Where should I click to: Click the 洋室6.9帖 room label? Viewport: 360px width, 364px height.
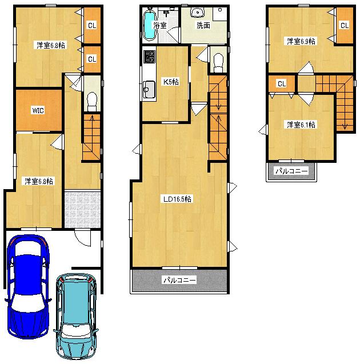tap(301, 41)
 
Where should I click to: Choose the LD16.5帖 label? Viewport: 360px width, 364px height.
tap(177, 199)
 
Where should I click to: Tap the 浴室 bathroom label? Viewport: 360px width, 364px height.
tap(161, 25)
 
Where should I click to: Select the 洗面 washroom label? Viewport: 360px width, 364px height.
tap(203, 26)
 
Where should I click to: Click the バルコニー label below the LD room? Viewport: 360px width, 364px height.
tap(179, 281)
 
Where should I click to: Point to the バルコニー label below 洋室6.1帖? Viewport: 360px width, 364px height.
tap(291, 171)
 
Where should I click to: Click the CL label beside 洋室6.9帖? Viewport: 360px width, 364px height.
tap(344, 25)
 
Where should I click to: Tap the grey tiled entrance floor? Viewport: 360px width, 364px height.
tap(82, 208)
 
